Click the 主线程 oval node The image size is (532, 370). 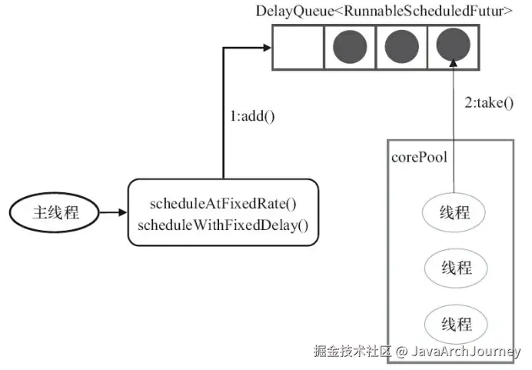click(55, 212)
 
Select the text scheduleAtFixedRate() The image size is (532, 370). click(223, 204)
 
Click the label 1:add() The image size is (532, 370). click(253, 118)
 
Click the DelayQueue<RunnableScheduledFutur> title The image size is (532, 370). click(384, 12)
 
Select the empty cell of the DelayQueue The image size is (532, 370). click(298, 47)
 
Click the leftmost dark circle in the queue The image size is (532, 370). click(351, 47)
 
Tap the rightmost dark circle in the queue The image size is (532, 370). click(453, 47)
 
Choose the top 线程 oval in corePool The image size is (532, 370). click(454, 213)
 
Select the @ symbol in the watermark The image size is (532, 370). click(401, 352)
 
